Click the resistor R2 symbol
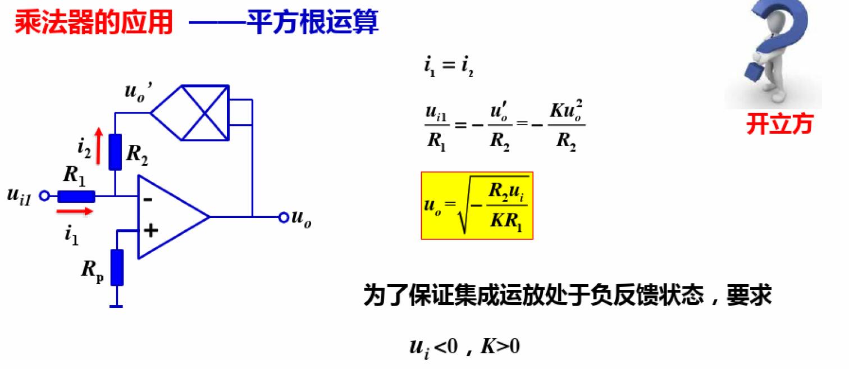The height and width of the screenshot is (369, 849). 115,152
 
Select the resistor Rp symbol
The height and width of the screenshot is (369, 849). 117,268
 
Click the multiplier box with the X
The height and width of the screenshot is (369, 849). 204,112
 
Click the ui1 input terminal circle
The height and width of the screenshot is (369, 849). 47,196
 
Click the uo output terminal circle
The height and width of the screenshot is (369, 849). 284,217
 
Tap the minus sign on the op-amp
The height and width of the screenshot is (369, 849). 148,198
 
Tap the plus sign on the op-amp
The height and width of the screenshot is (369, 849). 149,230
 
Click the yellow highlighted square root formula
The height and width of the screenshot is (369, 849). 477,206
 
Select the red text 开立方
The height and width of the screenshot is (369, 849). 779,125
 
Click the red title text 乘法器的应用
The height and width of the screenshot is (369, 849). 93,24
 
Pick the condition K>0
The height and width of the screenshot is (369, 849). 500,347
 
